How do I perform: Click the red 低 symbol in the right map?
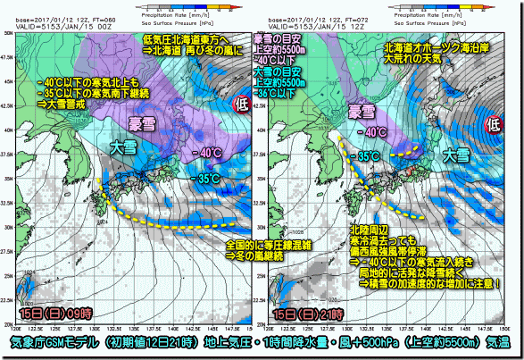492,125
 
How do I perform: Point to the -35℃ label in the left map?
207,179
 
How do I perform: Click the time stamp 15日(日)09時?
55,315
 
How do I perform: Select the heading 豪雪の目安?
279,39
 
